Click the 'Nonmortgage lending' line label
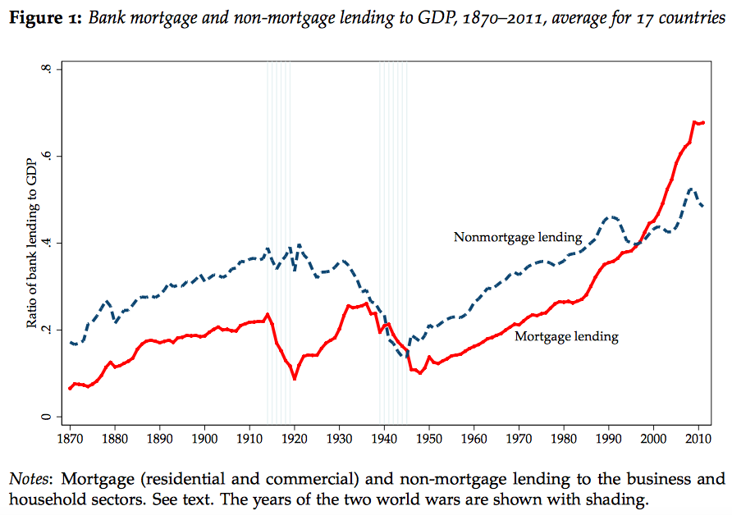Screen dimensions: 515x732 pyautogui.click(x=518, y=237)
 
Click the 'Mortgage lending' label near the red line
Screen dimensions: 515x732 pyautogui.click(x=566, y=336)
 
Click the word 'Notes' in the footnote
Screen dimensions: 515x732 pyautogui.click(x=29, y=478)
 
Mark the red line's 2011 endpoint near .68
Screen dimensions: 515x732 pyautogui.click(x=704, y=122)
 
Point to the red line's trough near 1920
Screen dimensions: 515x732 pyautogui.click(x=294, y=378)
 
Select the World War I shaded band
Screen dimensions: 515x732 pyautogui.click(x=279, y=246)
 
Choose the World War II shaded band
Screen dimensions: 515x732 pyautogui.click(x=393, y=246)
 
